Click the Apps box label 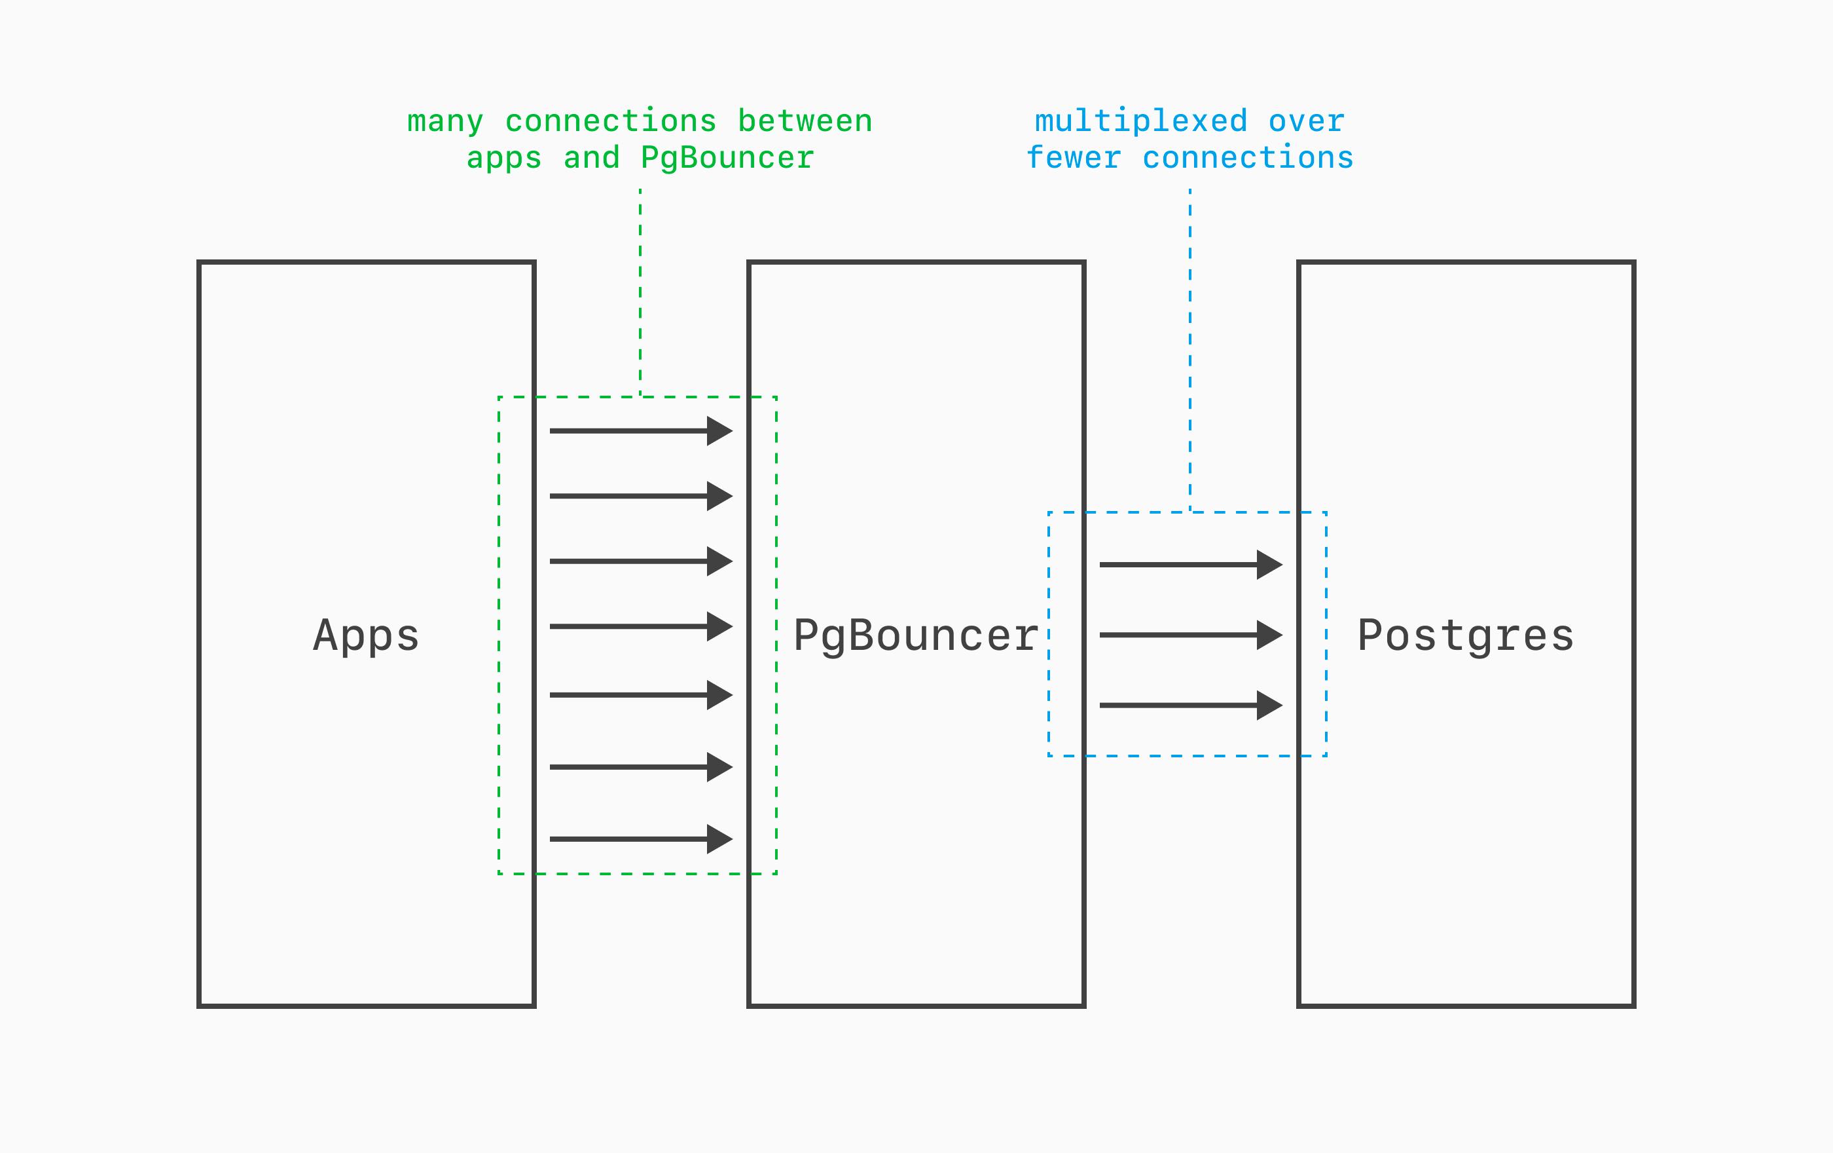(x=366, y=636)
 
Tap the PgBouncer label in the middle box (x=916, y=636)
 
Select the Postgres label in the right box (x=1465, y=636)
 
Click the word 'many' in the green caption (x=445, y=122)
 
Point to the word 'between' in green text (x=805, y=122)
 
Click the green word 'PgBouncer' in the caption (x=727, y=159)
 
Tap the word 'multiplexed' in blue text (x=1140, y=122)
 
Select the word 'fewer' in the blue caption (x=1074, y=159)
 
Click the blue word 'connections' (x=1248, y=159)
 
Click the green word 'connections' (x=611, y=122)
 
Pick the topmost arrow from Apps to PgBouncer (x=640, y=431)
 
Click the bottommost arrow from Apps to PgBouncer (x=640, y=839)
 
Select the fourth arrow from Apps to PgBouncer (x=640, y=627)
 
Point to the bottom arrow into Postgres (x=1189, y=705)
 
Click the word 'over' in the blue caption (x=1306, y=122)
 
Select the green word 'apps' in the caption (x=504, y=159)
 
